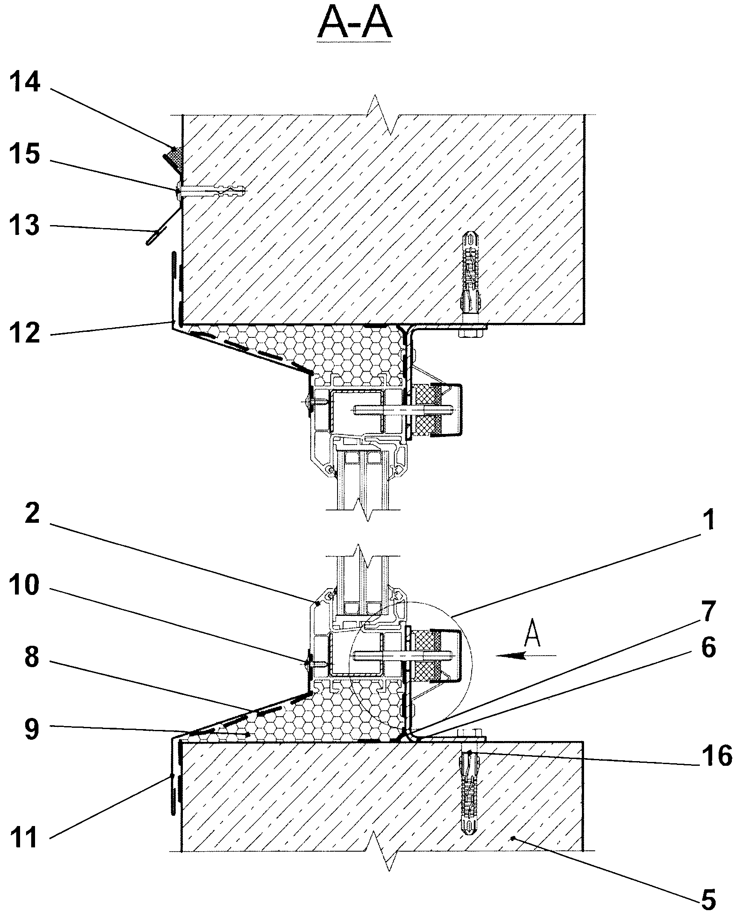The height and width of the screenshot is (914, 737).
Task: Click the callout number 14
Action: [26, 83]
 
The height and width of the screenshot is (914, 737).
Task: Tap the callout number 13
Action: [26, 225]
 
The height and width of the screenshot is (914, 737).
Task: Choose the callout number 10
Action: [26, 586]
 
